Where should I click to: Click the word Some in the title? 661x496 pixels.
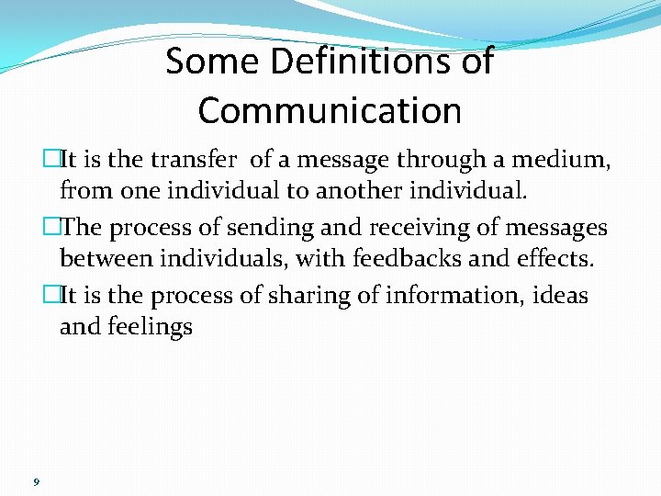click(206, 62)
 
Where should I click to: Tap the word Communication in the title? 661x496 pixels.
click(330, 110)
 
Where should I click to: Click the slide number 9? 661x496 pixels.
click(35, 481)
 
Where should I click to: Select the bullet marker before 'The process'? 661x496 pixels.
click(51, 227)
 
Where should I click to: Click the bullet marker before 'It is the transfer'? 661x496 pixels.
click(51, 160)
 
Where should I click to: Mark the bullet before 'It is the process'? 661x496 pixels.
click(51, 295)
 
